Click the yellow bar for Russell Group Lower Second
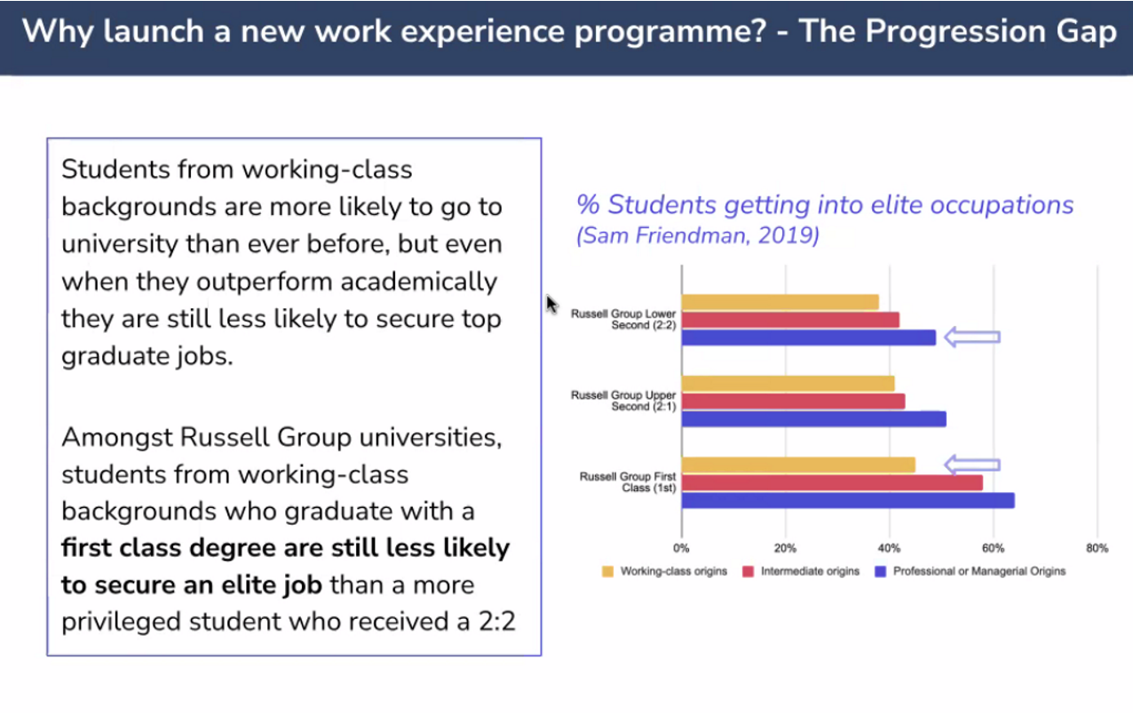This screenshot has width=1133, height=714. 780,302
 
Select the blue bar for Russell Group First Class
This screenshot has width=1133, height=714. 847,501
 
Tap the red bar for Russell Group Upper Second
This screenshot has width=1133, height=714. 793,401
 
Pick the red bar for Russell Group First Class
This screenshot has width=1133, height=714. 832,483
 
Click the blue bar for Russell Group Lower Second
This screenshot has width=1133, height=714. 808,337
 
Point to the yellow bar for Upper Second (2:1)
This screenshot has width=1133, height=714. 788,384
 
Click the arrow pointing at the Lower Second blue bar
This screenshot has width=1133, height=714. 971,337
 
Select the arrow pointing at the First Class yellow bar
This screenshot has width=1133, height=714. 971,464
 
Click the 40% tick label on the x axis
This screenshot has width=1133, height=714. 889,548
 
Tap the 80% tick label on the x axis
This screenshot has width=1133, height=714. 1097,548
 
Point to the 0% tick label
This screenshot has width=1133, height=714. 681,548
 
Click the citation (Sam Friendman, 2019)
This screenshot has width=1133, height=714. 698,237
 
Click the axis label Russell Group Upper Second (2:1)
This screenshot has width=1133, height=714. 623,401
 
